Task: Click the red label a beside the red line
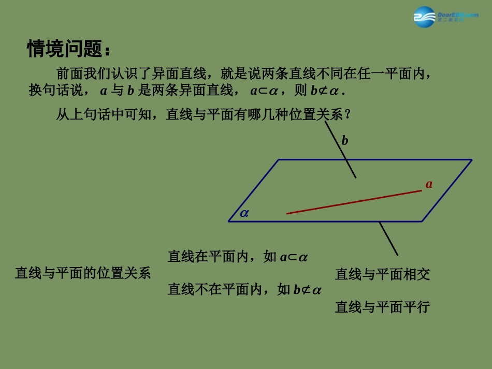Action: point(429,184)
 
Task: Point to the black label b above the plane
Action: point(345,140)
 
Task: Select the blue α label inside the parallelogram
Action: point(244,213)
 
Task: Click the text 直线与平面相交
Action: point(382,274)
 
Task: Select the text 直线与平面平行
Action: point(382,307)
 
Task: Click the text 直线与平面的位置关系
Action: point(83,273)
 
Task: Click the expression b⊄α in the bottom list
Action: point(308,290)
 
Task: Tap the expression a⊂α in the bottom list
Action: point(294,257)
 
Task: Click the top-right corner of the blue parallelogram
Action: point(471,160)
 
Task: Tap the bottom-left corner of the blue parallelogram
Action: point(229,221)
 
